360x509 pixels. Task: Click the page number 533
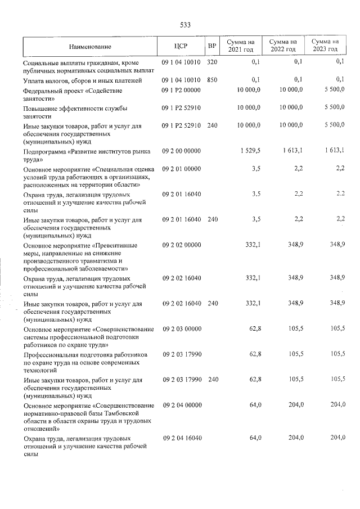click(x=185, y=25)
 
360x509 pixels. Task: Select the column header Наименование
click(x=91, y=46)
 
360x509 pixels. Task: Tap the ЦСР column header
click(x=181, y=46)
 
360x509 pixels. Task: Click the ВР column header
click(x=212, y=46)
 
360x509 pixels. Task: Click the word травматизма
click(x=110, y=261)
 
